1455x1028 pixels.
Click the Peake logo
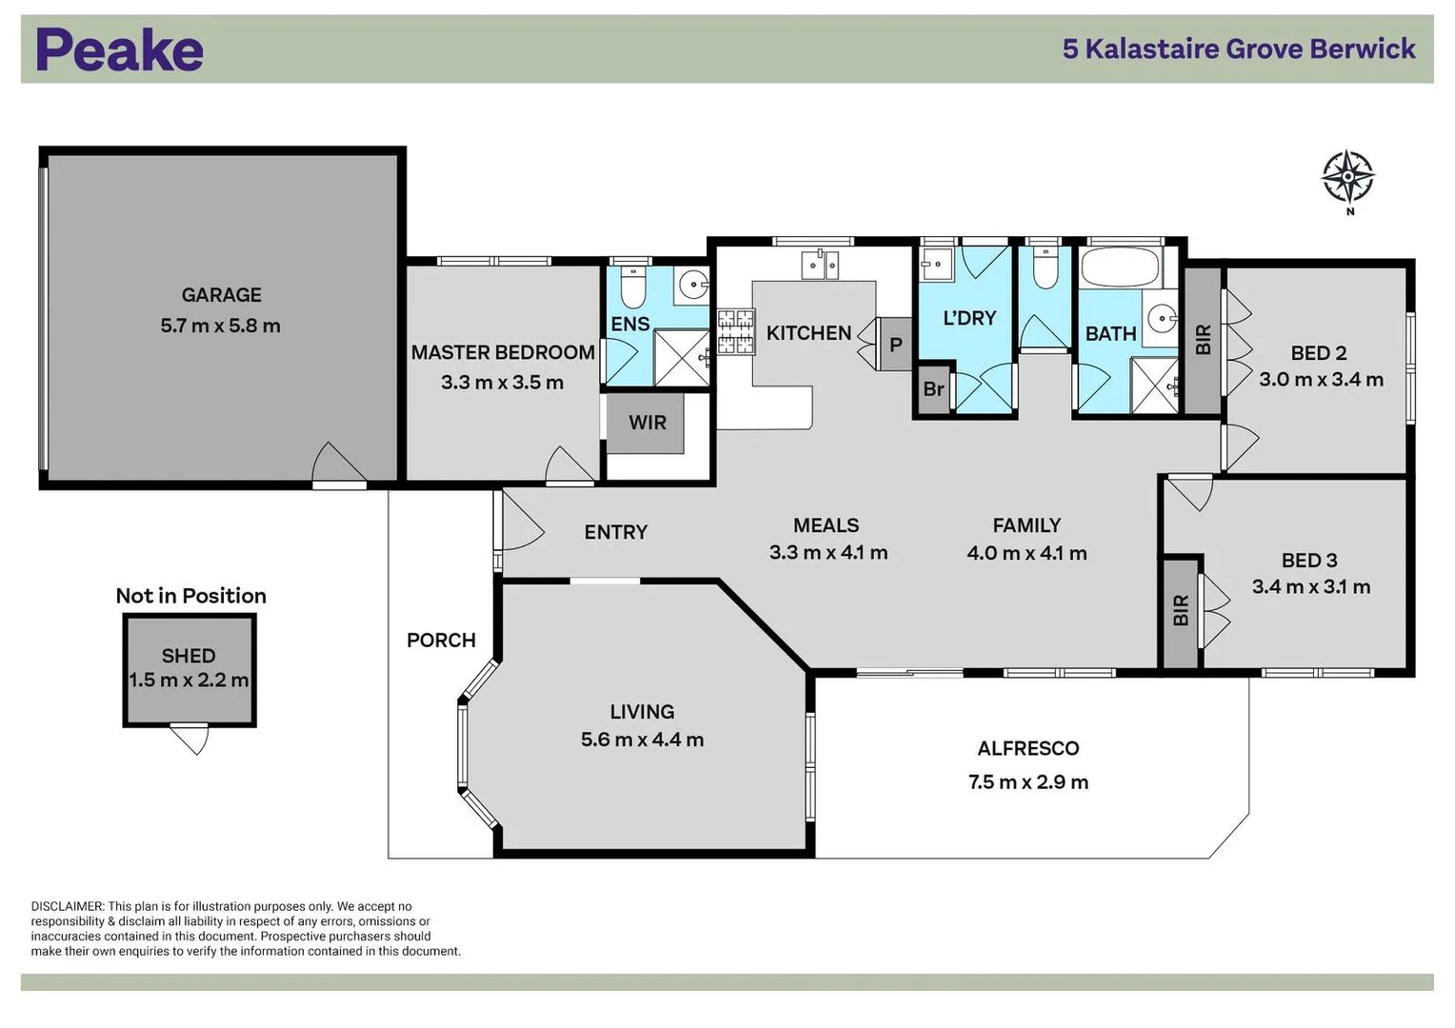[119, 50]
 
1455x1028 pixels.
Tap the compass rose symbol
[1347, 177]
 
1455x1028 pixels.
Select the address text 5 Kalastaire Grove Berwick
[1238, 49]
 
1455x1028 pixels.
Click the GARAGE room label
[221, 295]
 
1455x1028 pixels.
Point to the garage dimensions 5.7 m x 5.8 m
[221, 326]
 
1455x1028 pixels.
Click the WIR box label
[648, 423]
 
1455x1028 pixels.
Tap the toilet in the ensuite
[633, 285]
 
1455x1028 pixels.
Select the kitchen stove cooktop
[735, 331]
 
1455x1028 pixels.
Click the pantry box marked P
[895, 345]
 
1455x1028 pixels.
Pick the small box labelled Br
[933, 389]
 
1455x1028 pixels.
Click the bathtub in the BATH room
[1120, 267]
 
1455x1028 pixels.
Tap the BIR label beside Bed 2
[1203, 340]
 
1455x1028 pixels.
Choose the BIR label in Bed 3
[1181, 610]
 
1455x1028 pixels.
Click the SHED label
[189, 656]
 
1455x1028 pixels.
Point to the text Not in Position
[190, 596]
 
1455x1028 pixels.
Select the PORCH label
[441, 641]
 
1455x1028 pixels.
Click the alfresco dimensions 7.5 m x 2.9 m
[1027, 782]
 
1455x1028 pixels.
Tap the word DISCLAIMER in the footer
[67, 907]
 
